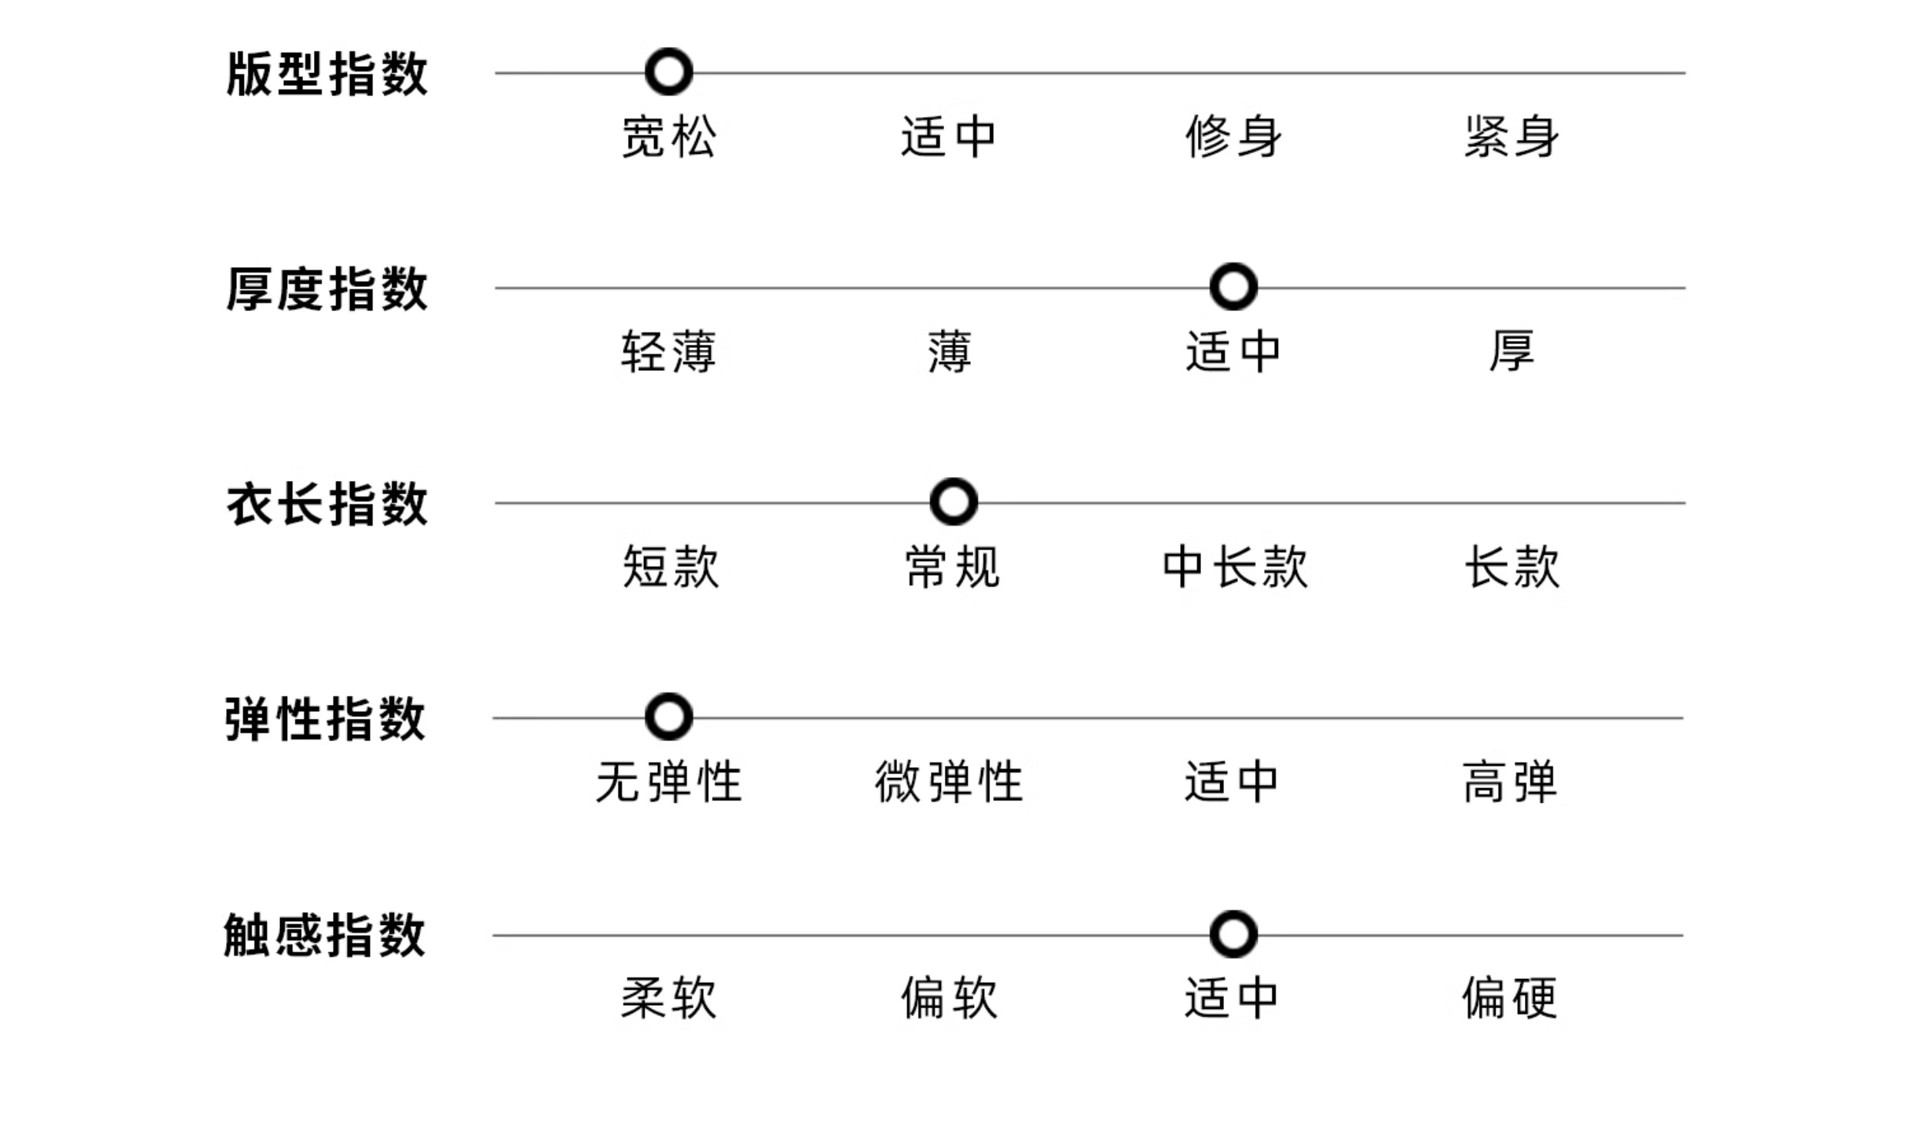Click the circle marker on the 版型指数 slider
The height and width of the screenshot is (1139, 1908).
[x=669, y=72]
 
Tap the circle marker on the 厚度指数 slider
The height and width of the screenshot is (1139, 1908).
[x=1233, y=287]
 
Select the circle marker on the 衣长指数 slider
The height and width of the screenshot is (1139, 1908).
[x=953, y=502]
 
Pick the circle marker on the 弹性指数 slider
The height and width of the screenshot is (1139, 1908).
[x=669, y=717]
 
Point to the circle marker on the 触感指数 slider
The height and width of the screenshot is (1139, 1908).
[x=1233, y=934]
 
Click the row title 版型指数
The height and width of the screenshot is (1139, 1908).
[x=327, y=75]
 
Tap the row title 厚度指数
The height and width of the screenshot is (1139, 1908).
[x=327, y=290]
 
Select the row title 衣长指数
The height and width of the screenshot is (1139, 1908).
[x=327, y=505]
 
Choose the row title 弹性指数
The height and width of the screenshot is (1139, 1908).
[x=325, y=720]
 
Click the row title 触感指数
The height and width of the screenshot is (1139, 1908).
[x=325, y=936]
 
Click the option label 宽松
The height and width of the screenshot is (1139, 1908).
[x=669, y=137]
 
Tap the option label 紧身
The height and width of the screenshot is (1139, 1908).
[x=1511, y=137]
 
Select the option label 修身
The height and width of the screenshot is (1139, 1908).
[x=1233, y=137]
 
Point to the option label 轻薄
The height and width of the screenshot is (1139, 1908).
[x=669, y=352]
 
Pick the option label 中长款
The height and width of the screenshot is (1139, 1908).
[x=1234, y=567]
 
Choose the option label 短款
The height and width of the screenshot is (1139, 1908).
[x=670, y=567]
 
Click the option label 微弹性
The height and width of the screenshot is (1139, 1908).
[x=949, y=782]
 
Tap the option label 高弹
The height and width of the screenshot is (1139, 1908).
[x=1509, y=782]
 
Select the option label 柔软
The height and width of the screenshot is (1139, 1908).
[x=669, y=998]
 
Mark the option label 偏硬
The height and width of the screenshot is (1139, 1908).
[x=1509, y=998]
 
